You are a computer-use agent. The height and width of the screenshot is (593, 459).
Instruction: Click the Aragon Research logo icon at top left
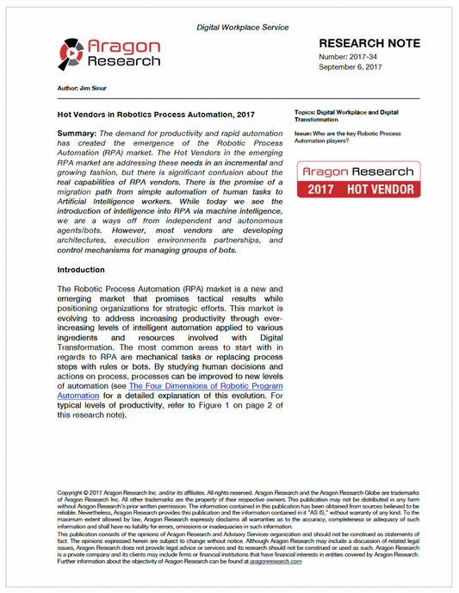(x=72, y=54)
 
